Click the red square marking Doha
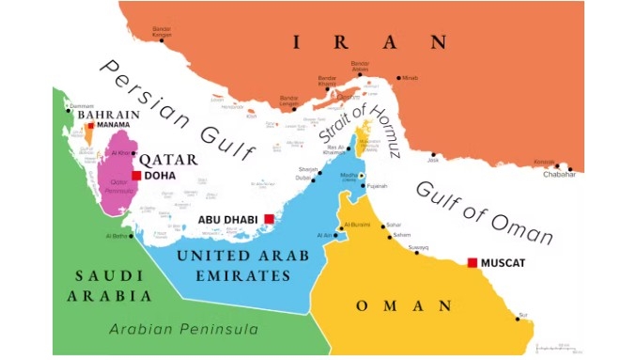(136, 176)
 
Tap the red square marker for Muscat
(472, 262)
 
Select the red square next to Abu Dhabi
(269, 219)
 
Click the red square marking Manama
(91, 125)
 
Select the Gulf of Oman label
(483, 209)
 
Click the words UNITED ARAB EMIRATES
(243, 266)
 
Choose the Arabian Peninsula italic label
(183, 329)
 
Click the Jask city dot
(433, 154)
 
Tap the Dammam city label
(81, 106)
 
